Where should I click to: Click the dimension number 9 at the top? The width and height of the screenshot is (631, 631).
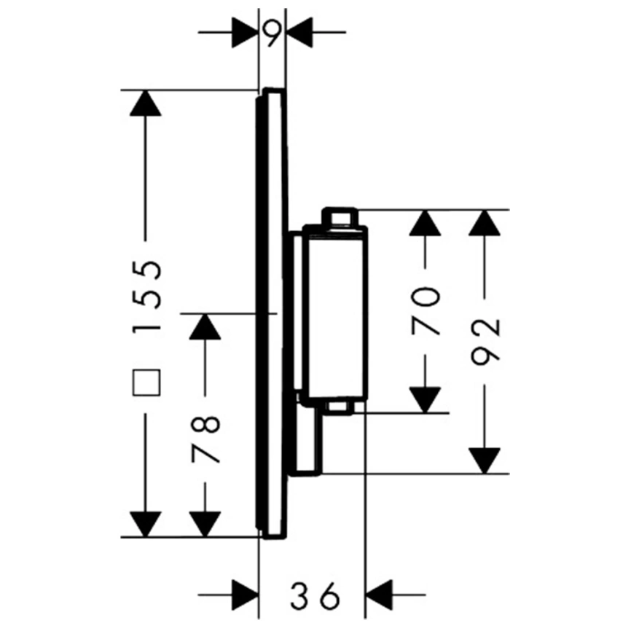click(272, 33)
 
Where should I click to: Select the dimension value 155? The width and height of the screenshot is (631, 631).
click(146, 296)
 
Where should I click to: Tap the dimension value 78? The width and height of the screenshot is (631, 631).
click(205, 440)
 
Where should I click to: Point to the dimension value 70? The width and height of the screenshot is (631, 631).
click(425, 311)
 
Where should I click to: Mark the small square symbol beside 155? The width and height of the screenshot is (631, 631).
click(146, 383)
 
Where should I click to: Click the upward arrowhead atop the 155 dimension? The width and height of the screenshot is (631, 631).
click(146, 103)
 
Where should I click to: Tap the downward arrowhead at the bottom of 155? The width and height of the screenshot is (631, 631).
click(146, 525)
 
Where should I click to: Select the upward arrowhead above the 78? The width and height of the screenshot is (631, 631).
click(205, 326)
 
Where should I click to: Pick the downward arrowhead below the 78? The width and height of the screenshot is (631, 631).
click(205, 525)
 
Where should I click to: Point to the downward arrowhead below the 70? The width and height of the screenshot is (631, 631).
click(425, 400)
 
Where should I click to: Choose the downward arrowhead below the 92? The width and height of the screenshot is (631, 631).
click(485, 461)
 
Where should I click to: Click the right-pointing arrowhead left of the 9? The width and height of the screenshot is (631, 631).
click(245, 32)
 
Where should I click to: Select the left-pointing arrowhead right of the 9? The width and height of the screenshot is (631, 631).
click(299, 32)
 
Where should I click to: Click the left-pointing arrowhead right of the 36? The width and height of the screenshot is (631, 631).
click(379, 595)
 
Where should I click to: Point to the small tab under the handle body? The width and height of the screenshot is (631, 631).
click(340, 407)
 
